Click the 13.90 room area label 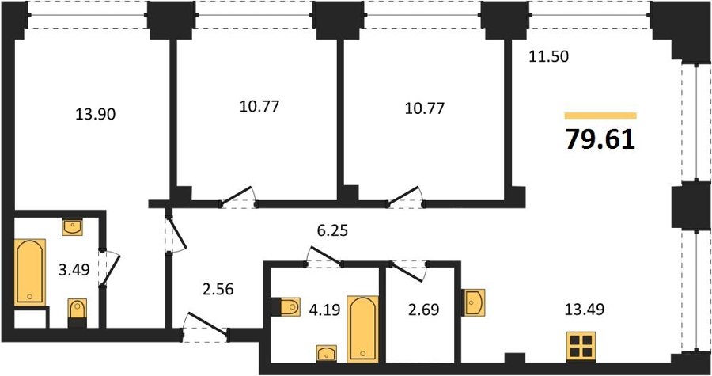pos(96,115)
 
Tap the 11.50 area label pos(548,57)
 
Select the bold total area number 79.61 pos(600,139)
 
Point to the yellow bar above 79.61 pos(600,116)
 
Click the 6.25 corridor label pos(332,230)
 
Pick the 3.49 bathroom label pos(74,270)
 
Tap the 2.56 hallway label pos(218,289)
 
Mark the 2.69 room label pos(422,310)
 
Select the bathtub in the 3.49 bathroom pos(30,272)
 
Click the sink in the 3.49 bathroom pos(72,227)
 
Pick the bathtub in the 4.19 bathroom pos(363,329)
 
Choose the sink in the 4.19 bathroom pos(327,354)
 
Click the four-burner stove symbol pos(581,346)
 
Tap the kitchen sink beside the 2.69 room pos(474,302)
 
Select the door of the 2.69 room pos(410,271)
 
